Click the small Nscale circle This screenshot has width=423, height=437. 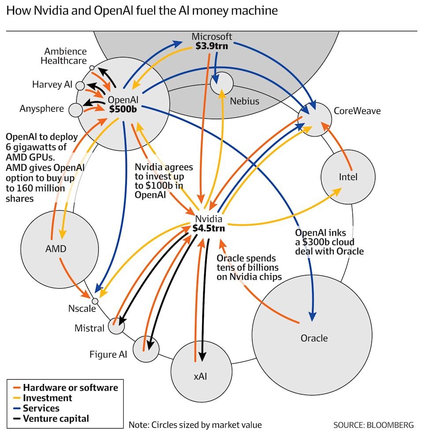[95, 301]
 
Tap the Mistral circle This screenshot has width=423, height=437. [116, 326]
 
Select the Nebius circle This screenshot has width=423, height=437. [222, 83]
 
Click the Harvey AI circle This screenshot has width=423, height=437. [80, 86]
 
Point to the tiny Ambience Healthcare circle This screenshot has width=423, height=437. [92, 68]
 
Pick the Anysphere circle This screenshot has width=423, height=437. [76, 110]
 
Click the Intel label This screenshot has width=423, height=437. [348, 177]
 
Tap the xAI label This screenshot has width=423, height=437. [200, 377]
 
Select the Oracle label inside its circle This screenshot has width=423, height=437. [314, 338]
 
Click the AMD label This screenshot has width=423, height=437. [56, 249]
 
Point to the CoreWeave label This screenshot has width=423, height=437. [357, 111]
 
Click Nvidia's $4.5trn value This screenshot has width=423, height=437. [209, 228]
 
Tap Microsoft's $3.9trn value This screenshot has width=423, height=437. [212, 46]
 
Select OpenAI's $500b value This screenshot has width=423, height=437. [123, 109]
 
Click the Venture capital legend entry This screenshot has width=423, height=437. [51, 418]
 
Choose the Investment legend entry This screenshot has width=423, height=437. [43, 398]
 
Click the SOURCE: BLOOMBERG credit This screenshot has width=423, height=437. [374, 425]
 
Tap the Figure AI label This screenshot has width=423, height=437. [108, 354]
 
